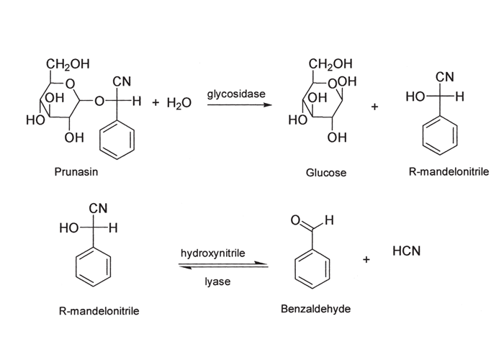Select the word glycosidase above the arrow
pyautogui.click(x=231, y=94)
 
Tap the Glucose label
pyautogui.click(x=325, y=173)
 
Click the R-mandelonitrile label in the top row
pyautogui.click(x=449, y=173)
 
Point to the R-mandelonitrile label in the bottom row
pyautogui.click(x=99, y=311)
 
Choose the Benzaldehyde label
pyautogui.click(x=314, y=309)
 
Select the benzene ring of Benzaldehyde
pyautogui.click(x=312, y=268)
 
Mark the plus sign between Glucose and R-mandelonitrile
pyautogui.click(x=374, y=107)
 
